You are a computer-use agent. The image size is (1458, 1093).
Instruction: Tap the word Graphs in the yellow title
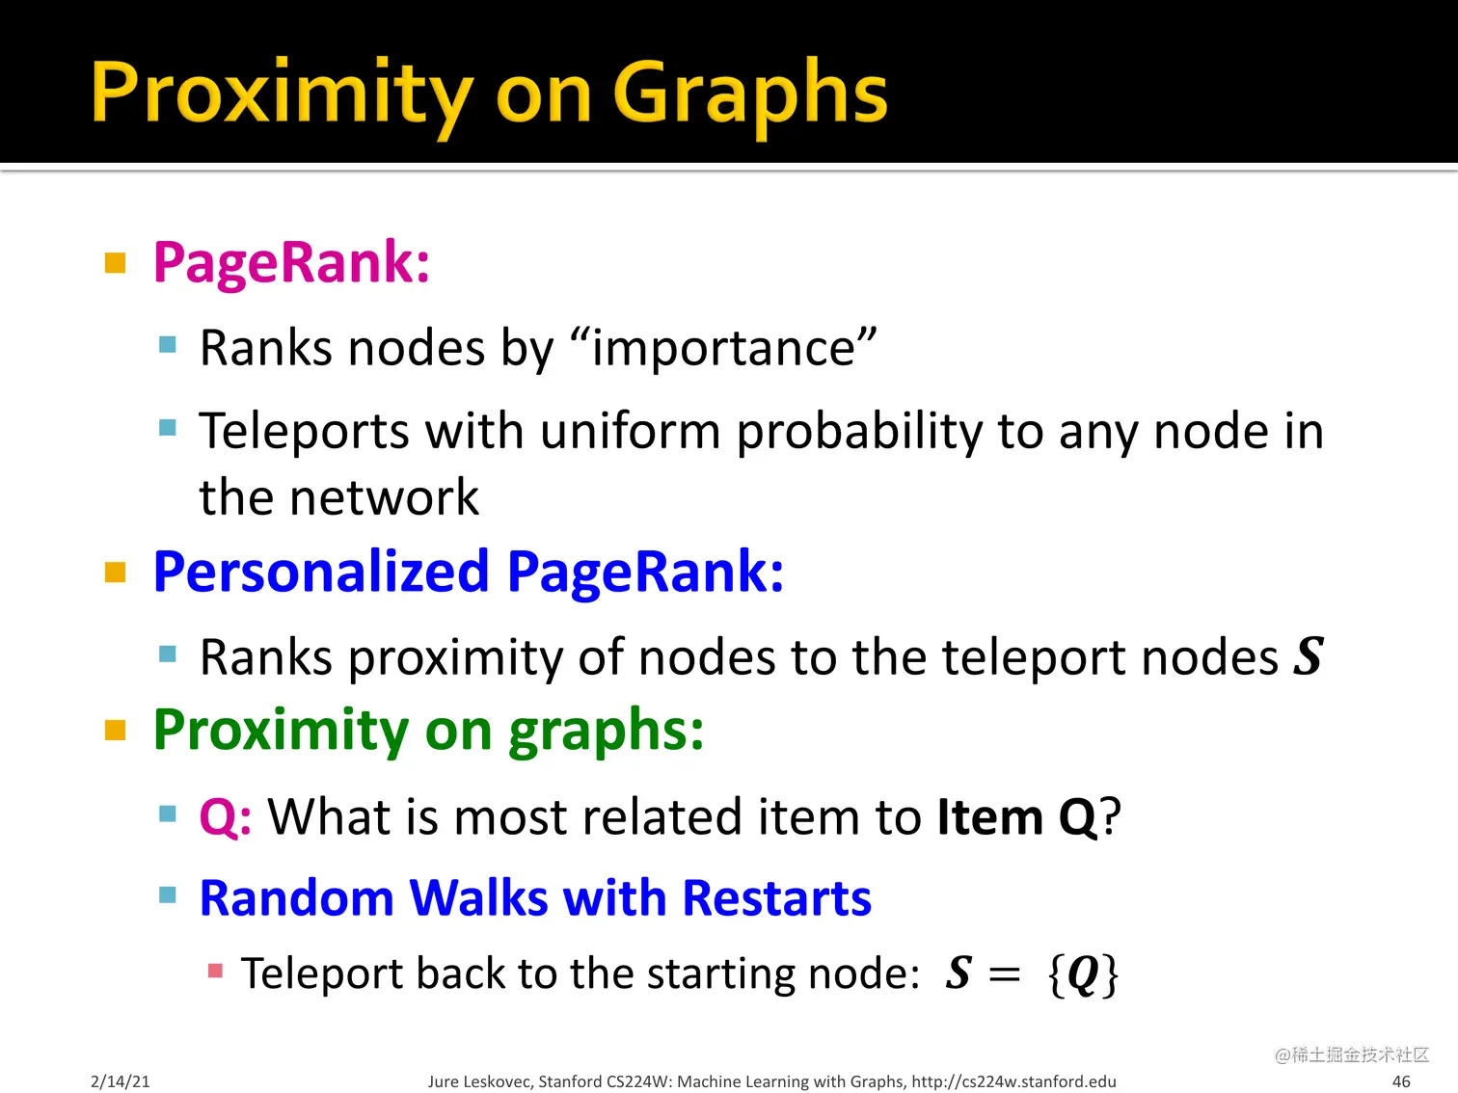point(749,93)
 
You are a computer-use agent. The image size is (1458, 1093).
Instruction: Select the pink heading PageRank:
point(291,262)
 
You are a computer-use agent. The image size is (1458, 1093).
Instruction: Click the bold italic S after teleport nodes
point(1309,656)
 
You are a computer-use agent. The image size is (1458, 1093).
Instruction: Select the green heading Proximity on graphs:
point(428,730)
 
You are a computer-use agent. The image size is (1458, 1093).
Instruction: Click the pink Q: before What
point(226,817)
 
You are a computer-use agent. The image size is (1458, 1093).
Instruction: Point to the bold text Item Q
point(1017,817)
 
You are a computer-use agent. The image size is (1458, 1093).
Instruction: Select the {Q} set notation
point(1083,974)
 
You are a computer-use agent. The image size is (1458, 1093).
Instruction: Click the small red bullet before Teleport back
point(216,971)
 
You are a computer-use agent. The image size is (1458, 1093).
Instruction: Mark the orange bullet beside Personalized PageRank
point(116,573)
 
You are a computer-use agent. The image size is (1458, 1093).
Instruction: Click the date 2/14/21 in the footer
point(121,1081)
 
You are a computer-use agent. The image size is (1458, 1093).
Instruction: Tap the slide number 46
point(1401,1081)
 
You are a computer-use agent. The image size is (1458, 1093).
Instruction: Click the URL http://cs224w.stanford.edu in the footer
point(1013,1081)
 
